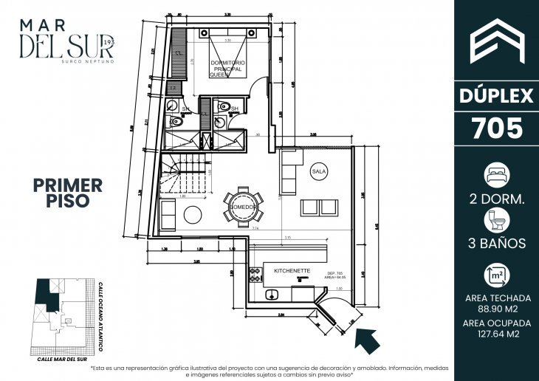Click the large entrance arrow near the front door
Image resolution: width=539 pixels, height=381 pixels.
[x=367, y=340]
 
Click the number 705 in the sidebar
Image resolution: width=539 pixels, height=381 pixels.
[x=497, y=129]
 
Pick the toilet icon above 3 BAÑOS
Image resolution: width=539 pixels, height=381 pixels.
[x=497, y=219]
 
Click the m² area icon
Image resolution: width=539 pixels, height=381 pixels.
[x=497, y=275]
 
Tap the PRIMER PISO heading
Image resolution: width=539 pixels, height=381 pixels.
[x=68, y=191]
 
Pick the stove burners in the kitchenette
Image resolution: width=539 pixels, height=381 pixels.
[x=256, y=275]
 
